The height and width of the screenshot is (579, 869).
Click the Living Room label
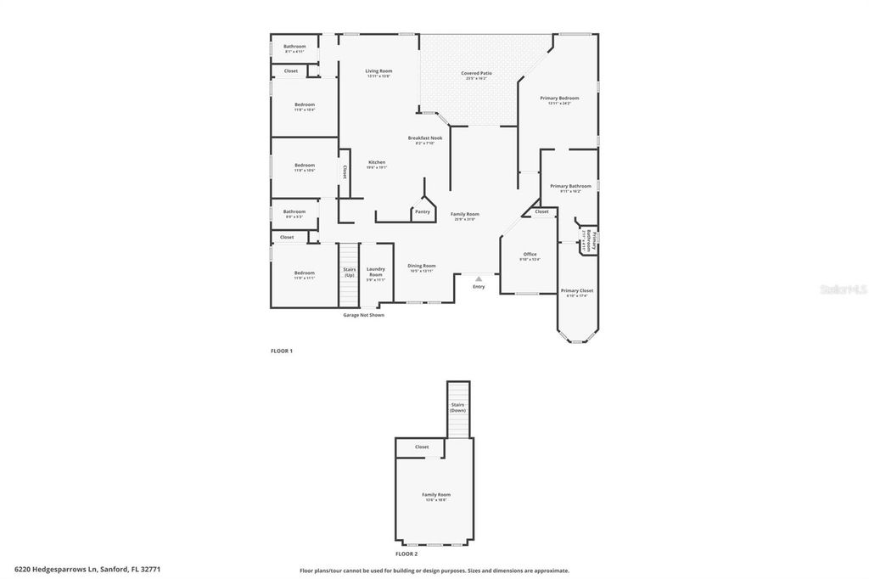click(378, 71)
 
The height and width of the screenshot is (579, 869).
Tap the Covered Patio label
click(476, 74)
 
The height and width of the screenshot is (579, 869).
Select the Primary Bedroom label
click(559, 98)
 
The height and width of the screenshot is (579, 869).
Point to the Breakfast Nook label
click(424, 138)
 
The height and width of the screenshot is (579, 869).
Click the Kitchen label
click(376, 163)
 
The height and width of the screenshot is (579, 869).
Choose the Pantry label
click(422, 211)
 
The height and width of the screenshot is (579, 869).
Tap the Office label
click(530, 255)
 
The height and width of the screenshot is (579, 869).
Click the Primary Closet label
click(576, 291)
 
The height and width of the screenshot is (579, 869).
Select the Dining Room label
click(421, 267)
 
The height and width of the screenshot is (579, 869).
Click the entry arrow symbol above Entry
click(479, 278)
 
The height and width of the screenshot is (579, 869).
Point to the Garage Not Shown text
click(363, 315)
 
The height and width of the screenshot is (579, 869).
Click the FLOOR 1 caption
click(281, 351)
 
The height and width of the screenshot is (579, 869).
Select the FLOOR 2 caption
click(406, 554)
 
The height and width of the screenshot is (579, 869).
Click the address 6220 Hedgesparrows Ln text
click(87, 570)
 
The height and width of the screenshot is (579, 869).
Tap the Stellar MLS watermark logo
click(843, 289)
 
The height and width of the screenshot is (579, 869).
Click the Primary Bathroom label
click(570, 187)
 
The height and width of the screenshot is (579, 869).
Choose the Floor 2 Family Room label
click(436, 495)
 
